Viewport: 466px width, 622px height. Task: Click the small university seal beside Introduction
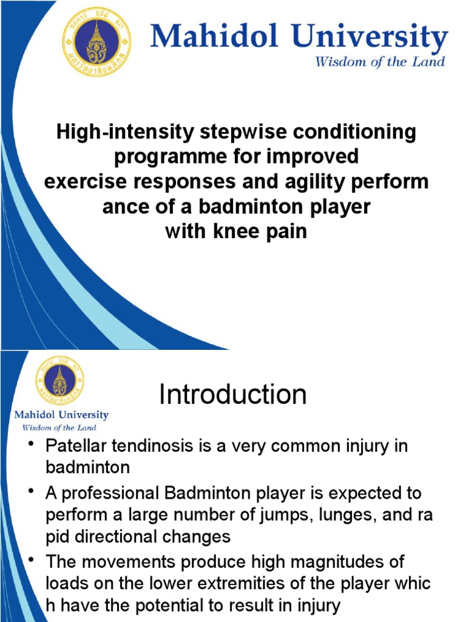coord(60,380)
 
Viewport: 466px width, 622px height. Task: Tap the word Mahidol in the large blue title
coord(214,36)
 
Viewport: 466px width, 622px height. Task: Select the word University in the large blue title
coord(370,38)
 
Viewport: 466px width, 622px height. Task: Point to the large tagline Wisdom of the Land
coord(380,61)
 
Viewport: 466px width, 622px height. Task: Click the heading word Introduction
coord(233,394)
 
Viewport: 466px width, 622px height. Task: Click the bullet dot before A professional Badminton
coord(31,491)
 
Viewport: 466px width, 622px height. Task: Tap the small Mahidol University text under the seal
coord(61,415)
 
